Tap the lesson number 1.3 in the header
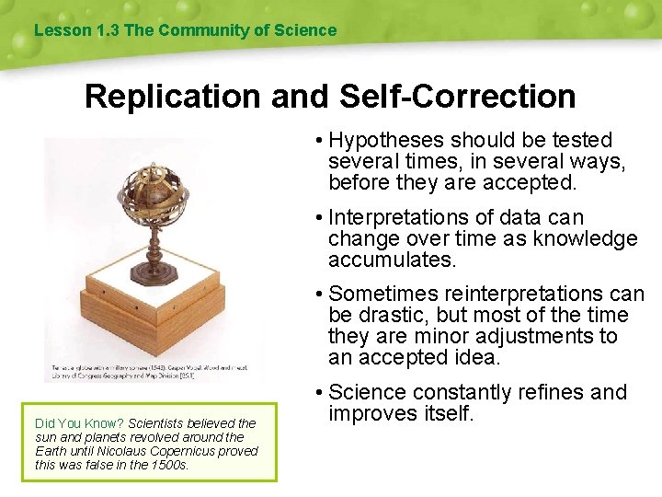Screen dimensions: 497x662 click(108, 30)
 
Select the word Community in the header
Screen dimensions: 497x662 click(201, 30)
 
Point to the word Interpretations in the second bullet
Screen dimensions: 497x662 click(404, 217)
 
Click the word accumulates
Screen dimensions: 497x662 click(392, 260)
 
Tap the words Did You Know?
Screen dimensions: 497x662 click(79, 423)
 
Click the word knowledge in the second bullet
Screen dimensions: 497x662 click(589, 238)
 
